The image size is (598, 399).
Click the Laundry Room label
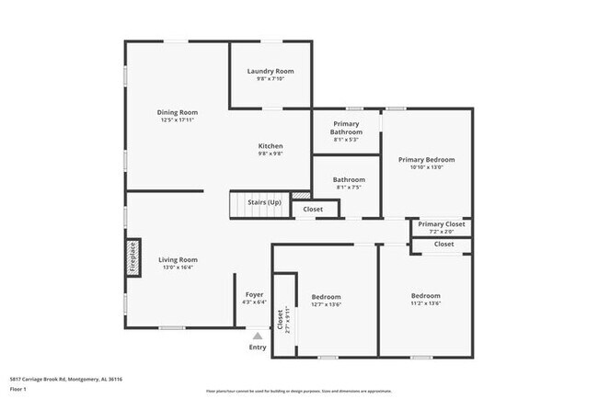click(x=270, y=71)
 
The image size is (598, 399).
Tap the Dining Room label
click(x=177, y=112)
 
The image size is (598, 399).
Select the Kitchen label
click(x=270, y=146)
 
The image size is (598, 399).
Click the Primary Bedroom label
click(x=426, y=159)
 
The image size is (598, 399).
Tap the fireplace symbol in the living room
click(x=132, y=257)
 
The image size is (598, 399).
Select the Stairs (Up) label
click(x=264, y=202)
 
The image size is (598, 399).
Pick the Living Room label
click(x=178, y=259)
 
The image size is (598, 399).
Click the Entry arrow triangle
click(x=258, y=336)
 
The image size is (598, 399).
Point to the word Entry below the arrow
click(x=258, y=347)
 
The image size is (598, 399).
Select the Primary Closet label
click(x=442, y=223)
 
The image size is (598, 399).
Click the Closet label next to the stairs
click(x=313, y=210)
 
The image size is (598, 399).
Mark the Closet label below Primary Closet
click(x=443, y=244)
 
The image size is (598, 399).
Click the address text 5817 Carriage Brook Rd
click(x=66, y=379)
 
